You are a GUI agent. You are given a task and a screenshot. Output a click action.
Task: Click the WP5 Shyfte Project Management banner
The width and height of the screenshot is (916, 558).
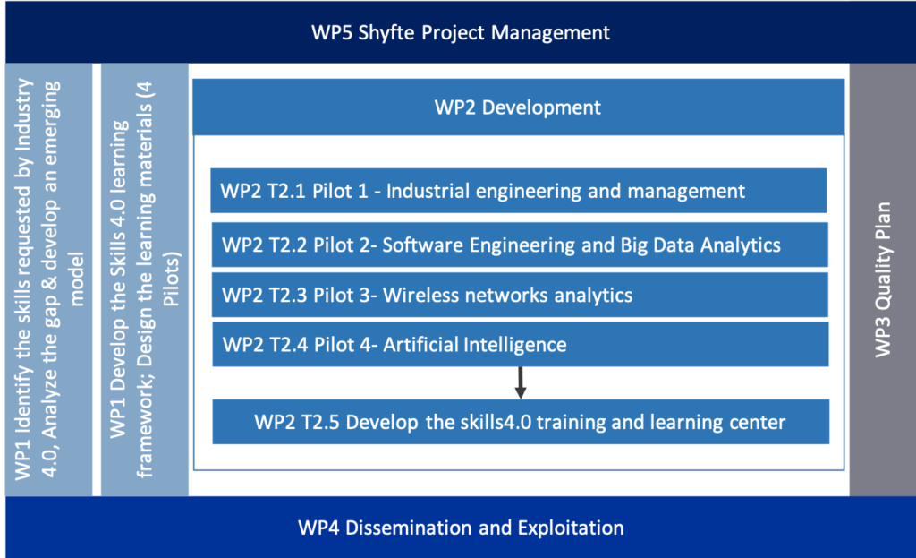461,31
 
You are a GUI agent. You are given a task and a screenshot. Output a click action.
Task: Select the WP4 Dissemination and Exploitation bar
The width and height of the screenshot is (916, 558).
461,527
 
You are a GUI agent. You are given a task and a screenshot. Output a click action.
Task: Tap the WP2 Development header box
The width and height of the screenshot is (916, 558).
518,107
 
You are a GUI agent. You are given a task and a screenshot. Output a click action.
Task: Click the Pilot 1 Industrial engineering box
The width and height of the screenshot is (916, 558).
518,191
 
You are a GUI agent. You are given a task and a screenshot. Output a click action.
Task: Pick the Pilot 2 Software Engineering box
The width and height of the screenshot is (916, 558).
520,245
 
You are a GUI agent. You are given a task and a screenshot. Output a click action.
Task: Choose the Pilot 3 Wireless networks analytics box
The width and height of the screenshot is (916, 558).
520,295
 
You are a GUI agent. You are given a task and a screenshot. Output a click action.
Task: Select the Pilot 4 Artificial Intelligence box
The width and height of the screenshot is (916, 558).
520,345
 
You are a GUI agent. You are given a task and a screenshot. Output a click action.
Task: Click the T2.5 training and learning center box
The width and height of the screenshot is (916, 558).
521,422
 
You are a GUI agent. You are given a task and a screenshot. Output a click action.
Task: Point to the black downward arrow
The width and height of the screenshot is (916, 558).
520,382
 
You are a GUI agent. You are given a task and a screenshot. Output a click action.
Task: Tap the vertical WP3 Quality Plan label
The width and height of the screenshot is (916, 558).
883,279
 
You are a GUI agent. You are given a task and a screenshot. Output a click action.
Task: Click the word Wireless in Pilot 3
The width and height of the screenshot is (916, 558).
420,295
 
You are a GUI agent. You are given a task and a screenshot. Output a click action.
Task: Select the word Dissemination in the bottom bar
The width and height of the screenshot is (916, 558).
409,528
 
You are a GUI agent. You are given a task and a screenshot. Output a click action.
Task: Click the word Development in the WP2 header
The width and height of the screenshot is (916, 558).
541,108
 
